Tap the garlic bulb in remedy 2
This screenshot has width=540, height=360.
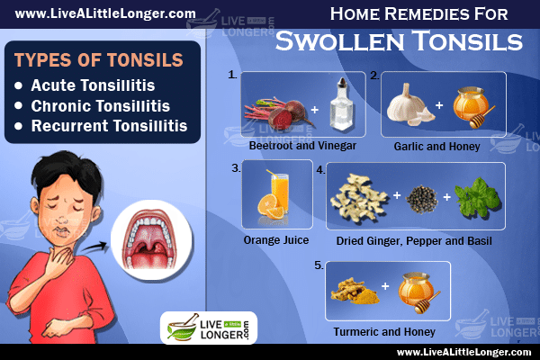click(407, 104)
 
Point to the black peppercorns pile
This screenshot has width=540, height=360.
click(422, 199)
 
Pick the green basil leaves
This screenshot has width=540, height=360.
click(477, 197)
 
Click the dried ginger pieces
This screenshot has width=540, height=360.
click(359, 197)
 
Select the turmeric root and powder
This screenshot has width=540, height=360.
click(355, 292)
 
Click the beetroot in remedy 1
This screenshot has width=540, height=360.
click(279, 111)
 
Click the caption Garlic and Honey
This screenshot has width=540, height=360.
click(436, 147)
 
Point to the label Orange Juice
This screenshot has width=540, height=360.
click(276, 240)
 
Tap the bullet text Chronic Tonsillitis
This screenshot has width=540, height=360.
click(101, 106)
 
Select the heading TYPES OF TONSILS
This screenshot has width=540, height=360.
click(98, 60)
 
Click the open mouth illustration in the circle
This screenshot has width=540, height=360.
click(151, 240)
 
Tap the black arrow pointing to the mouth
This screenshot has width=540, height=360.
click(94, 247)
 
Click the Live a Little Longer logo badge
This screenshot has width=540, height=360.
click(209, 328)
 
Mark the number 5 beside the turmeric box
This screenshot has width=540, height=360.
click(319, 265)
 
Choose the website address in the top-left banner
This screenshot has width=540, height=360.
click(105, 13)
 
